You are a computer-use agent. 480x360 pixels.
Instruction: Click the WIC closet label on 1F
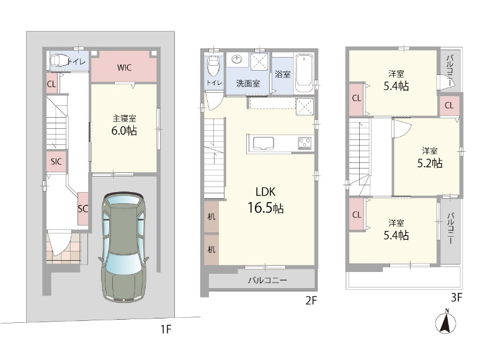coord(124,68)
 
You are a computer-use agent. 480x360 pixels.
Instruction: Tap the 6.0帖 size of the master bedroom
coord(124,131)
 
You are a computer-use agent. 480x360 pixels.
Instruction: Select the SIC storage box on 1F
coord(56,162)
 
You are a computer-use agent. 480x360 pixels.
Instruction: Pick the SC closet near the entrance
coord(82,209)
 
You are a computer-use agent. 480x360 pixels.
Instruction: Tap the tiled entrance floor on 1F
coord(63,247)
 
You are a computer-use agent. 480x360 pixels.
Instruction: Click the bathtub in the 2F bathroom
coord(304,74)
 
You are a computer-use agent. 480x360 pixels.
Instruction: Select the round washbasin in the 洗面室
coord(236,59)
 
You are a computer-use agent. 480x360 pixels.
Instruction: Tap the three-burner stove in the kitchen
coord(305,143)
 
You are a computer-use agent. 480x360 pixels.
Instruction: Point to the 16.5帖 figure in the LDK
coord(265,208)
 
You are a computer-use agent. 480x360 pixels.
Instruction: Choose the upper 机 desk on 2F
coord(211,216)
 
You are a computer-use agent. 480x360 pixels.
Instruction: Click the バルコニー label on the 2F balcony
coord(267,280)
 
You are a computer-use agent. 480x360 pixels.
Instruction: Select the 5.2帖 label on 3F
coord(430,164)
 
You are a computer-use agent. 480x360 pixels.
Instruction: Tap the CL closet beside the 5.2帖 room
coord(449,105)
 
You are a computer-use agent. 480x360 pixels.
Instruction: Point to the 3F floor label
coord(456,297)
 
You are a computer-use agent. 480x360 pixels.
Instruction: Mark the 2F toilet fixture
coord(213,68)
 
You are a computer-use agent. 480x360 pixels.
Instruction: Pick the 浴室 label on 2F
coord(282,74)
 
